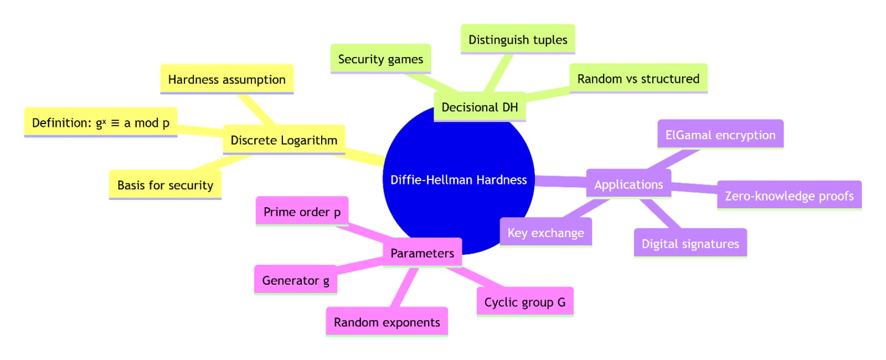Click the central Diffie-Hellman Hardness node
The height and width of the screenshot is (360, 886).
[459, 179]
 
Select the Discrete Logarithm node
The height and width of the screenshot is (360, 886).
[284, 140]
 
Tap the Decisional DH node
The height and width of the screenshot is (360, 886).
[480, 107]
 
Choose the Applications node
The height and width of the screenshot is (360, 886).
[629, 184]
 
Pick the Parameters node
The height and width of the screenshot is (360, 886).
[422, 253]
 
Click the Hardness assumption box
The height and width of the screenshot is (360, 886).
[226, 79]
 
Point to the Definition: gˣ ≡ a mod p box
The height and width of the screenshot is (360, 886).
[101, 122]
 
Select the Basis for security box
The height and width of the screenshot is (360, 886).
[165, 185]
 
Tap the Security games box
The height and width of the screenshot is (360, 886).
[380, 59]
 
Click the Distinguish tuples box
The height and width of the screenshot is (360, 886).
[518, 39]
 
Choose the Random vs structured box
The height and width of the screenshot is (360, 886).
[638, 79]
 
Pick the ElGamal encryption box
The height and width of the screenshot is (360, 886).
[720, 135]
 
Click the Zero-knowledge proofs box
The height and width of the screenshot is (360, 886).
[789, 196]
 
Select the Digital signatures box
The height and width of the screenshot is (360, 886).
[690, 244]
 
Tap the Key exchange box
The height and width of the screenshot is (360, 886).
[545, 233]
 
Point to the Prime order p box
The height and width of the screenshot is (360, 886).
[302, 212]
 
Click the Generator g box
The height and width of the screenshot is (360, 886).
[295, 280]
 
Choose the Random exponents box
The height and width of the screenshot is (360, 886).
[387, 322]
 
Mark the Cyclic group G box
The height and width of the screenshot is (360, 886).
[524, 302]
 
